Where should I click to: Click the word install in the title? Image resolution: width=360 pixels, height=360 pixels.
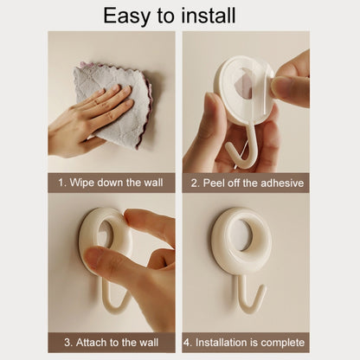click(x=209, y=15)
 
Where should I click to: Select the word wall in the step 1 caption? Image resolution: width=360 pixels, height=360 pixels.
click(x=153, y=183)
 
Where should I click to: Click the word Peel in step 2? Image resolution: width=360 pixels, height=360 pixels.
click(x=214, y=183)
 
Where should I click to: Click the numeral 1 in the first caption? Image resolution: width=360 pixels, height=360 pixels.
click(x=61, y=183)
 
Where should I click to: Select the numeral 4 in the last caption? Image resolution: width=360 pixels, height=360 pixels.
click(x=187, y=343)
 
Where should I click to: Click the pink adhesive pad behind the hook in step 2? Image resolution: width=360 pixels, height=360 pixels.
click(x=244, y=80)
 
